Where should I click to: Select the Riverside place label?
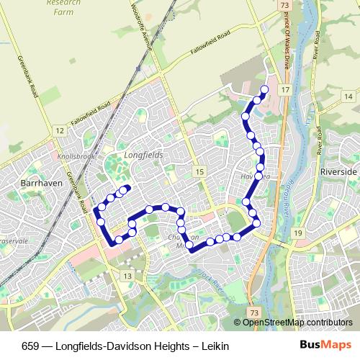338,172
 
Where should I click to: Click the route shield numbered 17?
286,89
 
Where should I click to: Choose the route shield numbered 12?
59,130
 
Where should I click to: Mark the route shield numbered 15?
199,171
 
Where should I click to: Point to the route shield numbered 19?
297,233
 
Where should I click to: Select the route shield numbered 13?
128,276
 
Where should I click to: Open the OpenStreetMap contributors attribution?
298,323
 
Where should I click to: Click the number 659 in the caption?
22,346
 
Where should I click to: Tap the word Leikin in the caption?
215,346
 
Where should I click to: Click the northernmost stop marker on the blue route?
264,89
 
